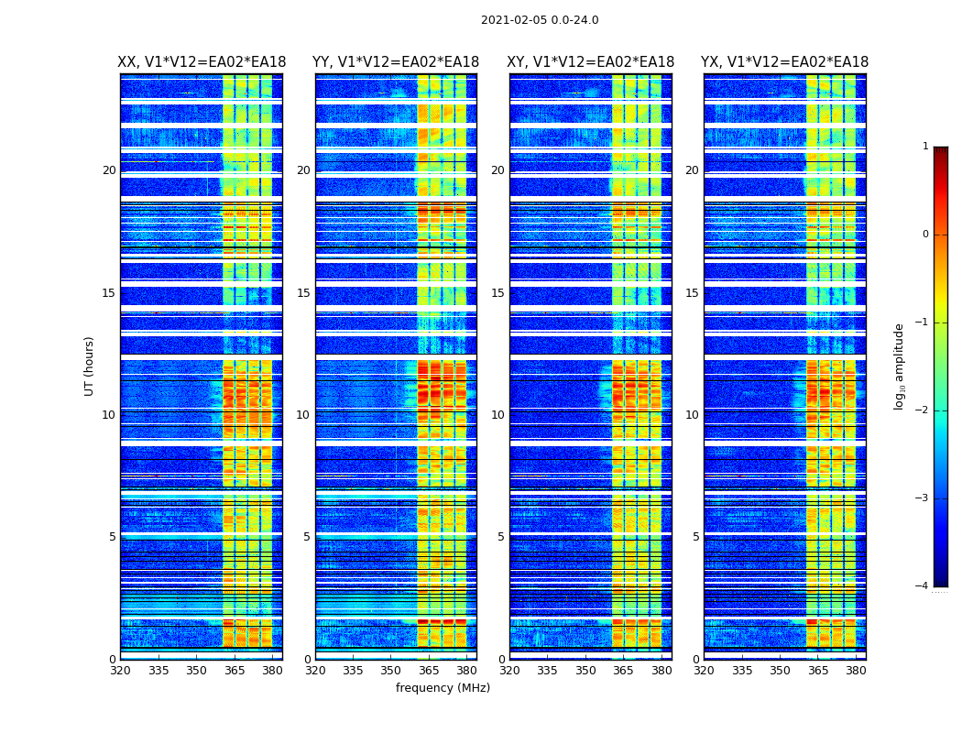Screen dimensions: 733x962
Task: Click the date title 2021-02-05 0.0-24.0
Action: click(x=540, y=20)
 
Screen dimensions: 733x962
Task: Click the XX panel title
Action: click(x=202, y=62)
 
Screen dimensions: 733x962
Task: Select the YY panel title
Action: click(x=396, y=62)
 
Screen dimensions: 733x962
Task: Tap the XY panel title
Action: click(x=590, y=62)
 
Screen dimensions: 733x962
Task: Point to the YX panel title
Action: click(x=784, y=62)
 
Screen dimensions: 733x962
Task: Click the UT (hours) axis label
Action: click(x=90, y=366)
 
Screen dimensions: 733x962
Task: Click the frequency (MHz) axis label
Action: click(x=443, y=688)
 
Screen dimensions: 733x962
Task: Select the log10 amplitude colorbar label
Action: click(x=900, y=366)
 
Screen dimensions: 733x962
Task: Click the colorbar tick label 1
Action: click(x=925, y=147)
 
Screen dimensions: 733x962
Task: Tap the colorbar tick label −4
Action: click(x=924, y=586)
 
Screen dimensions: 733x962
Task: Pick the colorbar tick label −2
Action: click(x=924, y=410)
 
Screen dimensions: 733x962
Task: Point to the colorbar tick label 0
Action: click(x=925, y=235)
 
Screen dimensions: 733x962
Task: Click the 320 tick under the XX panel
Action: click(x=120, y=671)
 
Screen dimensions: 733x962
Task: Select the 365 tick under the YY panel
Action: click(x=429, y=671)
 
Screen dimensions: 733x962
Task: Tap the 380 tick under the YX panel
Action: click(x=856, y=671)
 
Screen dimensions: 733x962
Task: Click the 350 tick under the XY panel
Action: click(x=585, y=671)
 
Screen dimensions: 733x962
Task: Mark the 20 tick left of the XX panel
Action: click(x=109, y=170)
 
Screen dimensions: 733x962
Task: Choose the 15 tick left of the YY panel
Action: click(x=303, y=293)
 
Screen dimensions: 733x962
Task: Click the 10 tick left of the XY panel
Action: click(x=497, y=415)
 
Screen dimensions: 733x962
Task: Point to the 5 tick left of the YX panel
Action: click(x=695, y=537)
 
